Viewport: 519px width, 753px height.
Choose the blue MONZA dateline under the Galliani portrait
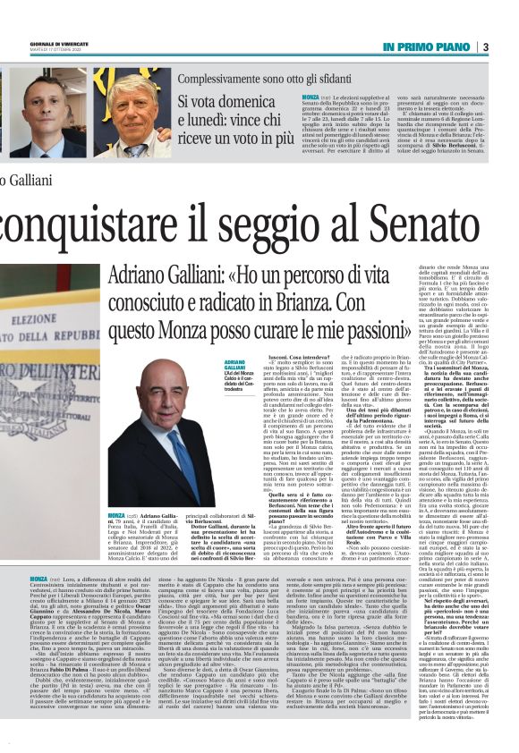tap(116, 516)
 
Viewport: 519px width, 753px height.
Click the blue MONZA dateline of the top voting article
tap(311, 96)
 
